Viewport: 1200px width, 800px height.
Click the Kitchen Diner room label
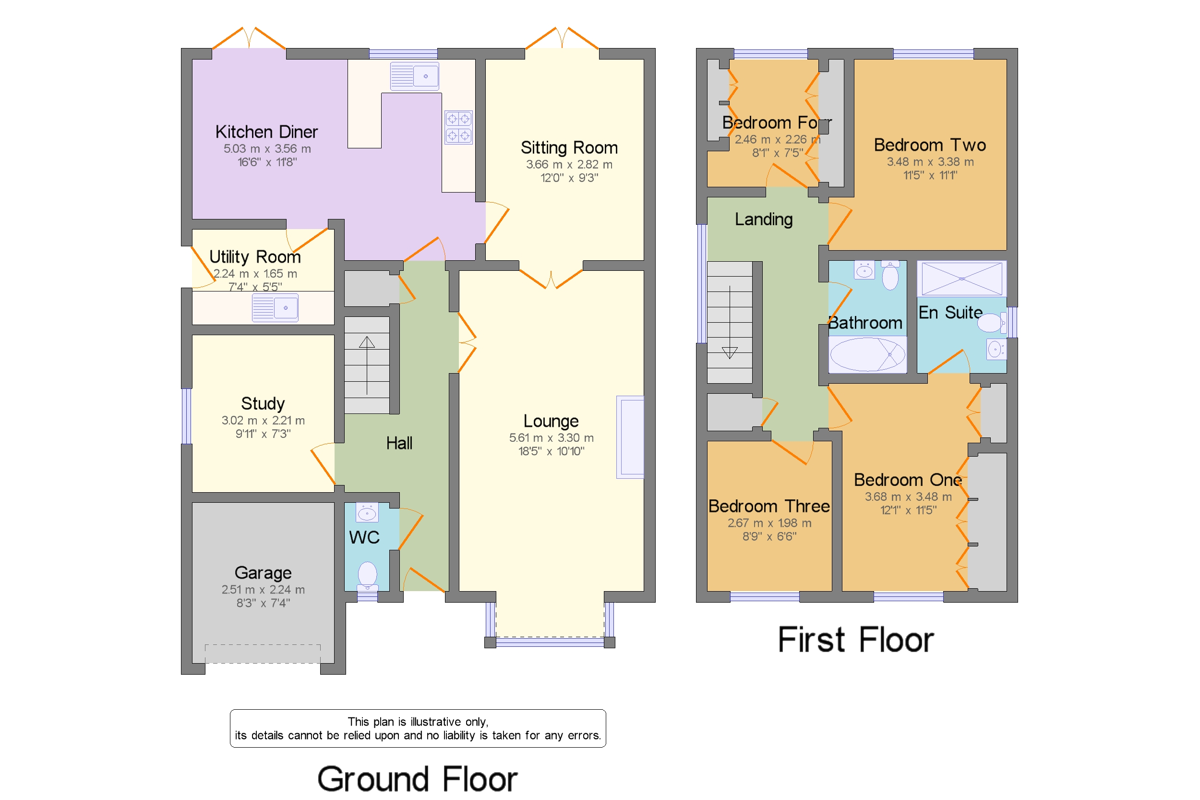(x=266, y=132)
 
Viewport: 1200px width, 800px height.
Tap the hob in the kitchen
(x=458, y=127)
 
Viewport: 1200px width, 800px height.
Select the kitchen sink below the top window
(x=414, y=76)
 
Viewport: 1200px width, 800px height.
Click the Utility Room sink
(x=275, y=308)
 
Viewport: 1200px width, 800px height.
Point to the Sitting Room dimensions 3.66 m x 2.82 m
(x=569, y=164)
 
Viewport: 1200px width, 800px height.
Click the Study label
(x=263, y=403)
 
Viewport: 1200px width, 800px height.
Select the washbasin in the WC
(x=367, y=512)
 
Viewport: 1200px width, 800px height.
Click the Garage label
(x=263, y=573)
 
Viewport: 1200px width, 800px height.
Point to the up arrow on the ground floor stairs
(x=367, y=365)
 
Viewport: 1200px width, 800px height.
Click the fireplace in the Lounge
(x=630, y=437)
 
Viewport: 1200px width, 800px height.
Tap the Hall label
(x=399, y=443)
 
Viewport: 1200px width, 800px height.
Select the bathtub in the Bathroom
(x=867, y=354)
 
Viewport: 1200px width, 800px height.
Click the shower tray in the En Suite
(x=961, y=279)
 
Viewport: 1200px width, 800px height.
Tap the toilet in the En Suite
(x=991, y=323)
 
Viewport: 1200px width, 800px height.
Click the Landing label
(x=764, y=219)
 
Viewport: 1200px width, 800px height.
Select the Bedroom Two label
(x=930, y=145)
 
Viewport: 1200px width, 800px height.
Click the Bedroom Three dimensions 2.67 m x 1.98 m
(x=769, y=523)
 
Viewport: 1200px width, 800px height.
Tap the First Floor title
(x=856, y=640)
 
